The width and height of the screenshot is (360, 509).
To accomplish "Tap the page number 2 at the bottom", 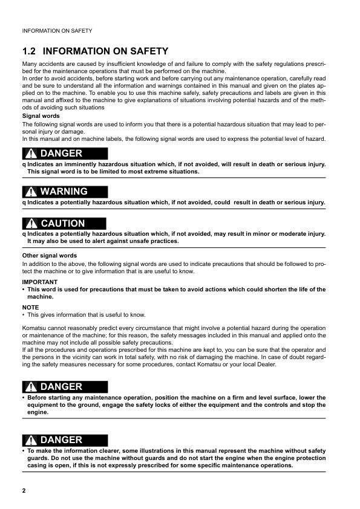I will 24,490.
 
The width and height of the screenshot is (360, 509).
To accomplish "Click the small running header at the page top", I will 57,30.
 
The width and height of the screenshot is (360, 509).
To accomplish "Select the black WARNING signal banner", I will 65,192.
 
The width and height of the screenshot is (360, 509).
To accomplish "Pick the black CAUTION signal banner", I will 65,224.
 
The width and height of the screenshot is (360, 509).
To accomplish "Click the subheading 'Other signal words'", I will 50,256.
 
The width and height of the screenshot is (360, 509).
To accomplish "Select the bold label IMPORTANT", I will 40,282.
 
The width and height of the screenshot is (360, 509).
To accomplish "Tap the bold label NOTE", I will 30,307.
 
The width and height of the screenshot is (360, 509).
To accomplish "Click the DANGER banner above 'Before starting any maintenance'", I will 65,387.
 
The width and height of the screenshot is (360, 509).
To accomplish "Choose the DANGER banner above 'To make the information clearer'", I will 65,440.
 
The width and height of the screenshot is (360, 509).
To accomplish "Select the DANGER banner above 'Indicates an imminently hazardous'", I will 65,154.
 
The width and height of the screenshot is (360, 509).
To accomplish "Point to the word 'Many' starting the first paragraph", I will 30,64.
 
